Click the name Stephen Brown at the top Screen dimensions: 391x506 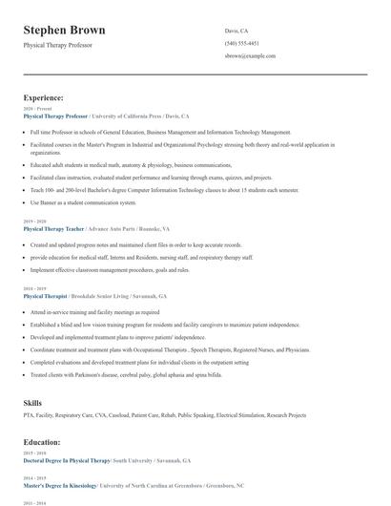[64, 30]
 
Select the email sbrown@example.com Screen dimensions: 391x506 [251, 56]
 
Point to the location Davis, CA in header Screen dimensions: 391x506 [238, 31]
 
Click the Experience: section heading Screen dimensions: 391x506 [44, 97]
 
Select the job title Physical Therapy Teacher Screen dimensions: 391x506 [53, 229]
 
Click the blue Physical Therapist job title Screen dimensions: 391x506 [45, 296]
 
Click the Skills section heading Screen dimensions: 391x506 [32, 403]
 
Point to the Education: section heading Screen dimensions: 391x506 [44, 442]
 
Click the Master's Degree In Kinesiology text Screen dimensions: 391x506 [63, 484]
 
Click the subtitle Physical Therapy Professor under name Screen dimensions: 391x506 [58, 45]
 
